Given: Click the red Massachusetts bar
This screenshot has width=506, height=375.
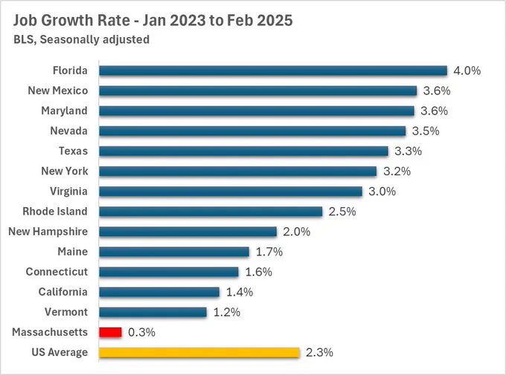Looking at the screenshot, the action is [x=110, y=332].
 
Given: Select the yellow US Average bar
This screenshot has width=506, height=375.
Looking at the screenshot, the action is [x=199, y=353].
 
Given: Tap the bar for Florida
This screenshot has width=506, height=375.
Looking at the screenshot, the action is [x=273, y=71].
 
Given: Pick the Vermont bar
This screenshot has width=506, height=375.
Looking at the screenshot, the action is [x=153, y=312].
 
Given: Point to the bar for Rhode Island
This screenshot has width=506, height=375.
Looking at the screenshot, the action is [x=211, y=212].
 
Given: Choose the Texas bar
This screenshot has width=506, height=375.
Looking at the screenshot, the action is [x=243, y=151].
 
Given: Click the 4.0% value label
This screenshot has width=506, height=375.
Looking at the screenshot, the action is [x=467, y=71].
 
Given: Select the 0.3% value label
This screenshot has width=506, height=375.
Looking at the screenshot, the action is [x=141, y=332].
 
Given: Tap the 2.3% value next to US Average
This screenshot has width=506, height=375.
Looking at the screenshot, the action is [x=319, y=353].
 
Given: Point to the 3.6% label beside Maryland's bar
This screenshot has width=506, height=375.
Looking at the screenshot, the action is [x=434, y=111].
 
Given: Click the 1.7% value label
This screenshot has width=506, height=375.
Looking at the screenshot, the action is [x=269, y=252].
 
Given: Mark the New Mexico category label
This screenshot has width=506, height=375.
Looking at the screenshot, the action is [x=58, y=91].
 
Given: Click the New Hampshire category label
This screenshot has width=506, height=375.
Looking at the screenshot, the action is [x=48, y=232].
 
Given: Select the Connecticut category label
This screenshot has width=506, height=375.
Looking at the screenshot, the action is [x=57, y=272].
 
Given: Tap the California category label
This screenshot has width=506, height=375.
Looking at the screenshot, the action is [x=63, y=292].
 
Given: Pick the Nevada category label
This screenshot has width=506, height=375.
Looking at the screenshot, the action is [x=68, y=131].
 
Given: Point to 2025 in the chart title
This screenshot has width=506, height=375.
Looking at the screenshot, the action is [x=275, y=20].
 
